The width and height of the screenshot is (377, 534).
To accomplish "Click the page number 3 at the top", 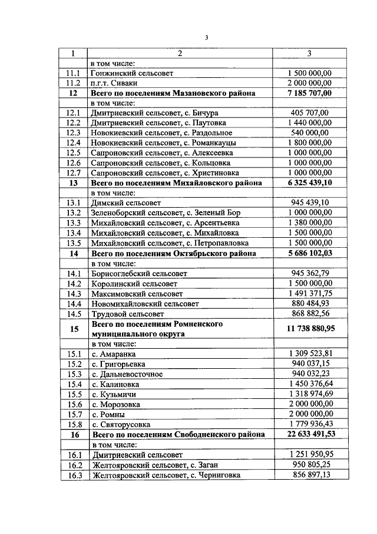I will tap(207, 38).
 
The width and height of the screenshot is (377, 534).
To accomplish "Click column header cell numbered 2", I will tap(180, 54).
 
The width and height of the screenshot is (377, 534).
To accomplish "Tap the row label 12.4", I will tap(74, 143).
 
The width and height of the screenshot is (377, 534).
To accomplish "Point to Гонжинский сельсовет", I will tap(132, 73).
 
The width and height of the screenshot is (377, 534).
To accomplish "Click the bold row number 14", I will tap(74, 253).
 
